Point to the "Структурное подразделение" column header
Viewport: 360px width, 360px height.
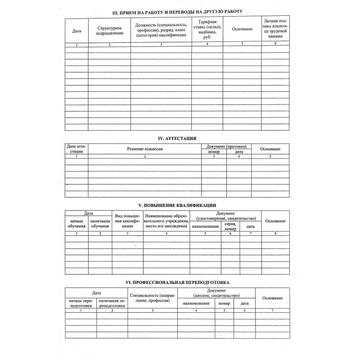109,31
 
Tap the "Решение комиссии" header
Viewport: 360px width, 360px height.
144,149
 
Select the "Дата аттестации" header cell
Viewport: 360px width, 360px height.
76,149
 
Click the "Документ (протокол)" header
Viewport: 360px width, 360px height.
226,146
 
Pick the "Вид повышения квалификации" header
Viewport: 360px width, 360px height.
127,221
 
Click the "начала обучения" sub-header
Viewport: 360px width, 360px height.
76,224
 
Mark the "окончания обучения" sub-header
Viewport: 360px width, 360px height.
100,224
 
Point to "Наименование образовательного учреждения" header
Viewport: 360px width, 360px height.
166,221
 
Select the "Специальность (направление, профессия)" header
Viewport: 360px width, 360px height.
153,298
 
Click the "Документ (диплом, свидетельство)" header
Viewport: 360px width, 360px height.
216,293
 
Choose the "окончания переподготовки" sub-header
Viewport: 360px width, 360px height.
112,303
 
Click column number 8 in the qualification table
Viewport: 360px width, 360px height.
275,234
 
